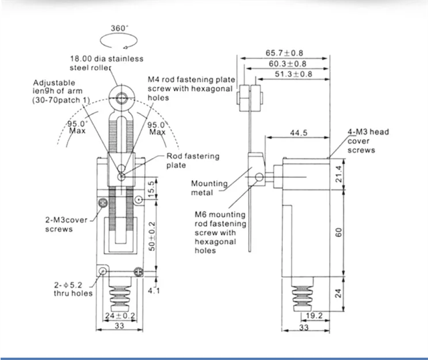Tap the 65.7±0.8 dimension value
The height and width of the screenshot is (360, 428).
pyautogui.click(x=285, y=52)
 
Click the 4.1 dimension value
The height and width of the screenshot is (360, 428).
pyautogui.click(x=154, y=290)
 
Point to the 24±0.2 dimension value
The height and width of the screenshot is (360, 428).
pyautogui.click(x=121, y=314)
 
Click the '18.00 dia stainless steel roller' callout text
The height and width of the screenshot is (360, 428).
pyautogui.click(x=114, y=63)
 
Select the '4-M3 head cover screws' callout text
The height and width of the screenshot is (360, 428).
pyautogui.click(x=368, y=141)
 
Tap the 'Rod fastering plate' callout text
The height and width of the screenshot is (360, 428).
pyautogui.click(x=193, y=161)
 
